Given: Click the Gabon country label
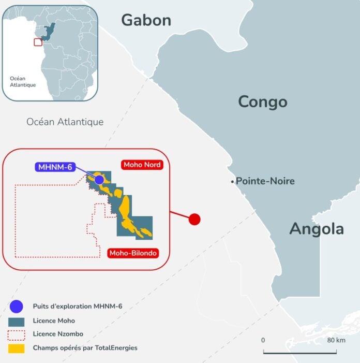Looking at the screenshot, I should coord(146,20).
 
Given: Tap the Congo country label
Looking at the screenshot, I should coord(262,101).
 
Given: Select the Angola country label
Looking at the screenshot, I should coord(317,228).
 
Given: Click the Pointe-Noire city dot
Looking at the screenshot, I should coord(233,182).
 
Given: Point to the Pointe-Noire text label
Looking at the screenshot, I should coord(265,181).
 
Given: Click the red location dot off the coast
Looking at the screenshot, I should coord(194,219).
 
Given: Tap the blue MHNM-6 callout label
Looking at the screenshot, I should coord(55,167).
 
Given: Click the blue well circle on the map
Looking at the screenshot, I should coord(99,179).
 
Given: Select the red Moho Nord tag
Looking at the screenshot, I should coord(142,165).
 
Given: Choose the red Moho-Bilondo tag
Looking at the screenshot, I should coord(133,253).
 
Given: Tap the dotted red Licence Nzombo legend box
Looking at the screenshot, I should coord(16,335).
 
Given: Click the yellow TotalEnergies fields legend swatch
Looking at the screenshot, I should coord(16,348).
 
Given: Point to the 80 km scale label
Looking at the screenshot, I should coord(336,340).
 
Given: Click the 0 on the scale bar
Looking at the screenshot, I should coord(263,340).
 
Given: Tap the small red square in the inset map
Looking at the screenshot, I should coord(38,42).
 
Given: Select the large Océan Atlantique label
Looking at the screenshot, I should coord(65,122).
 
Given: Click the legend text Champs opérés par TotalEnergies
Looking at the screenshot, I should coord(85,348).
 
